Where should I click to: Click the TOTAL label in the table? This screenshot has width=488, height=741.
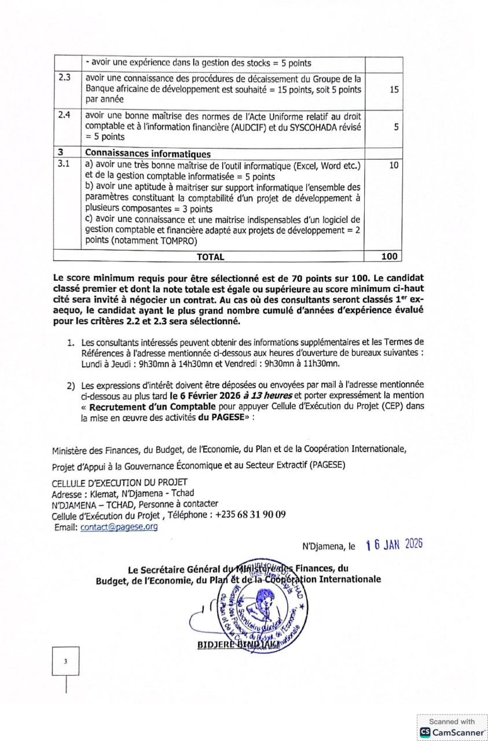[x=210, y=256]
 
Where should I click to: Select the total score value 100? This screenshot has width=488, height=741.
[x=390, y=256]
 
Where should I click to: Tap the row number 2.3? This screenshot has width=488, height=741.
[x=65, y=78]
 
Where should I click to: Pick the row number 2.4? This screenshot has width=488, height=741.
[x=65, y=115]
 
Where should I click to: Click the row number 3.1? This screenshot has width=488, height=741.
[x=65, y=164]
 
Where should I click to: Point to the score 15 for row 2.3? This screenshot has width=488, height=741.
[x=394, y=90]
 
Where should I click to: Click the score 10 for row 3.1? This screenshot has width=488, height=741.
[x=394, y=165]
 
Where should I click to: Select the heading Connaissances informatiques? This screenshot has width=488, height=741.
[x=148, y=154]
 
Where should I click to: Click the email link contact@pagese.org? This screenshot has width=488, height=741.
[x=119, y=527]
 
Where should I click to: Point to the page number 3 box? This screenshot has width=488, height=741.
[x=65, y=661]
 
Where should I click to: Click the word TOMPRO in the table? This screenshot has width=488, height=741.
[x=177, y=241]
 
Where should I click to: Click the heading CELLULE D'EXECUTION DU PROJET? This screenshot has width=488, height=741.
[x=119, y=482]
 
